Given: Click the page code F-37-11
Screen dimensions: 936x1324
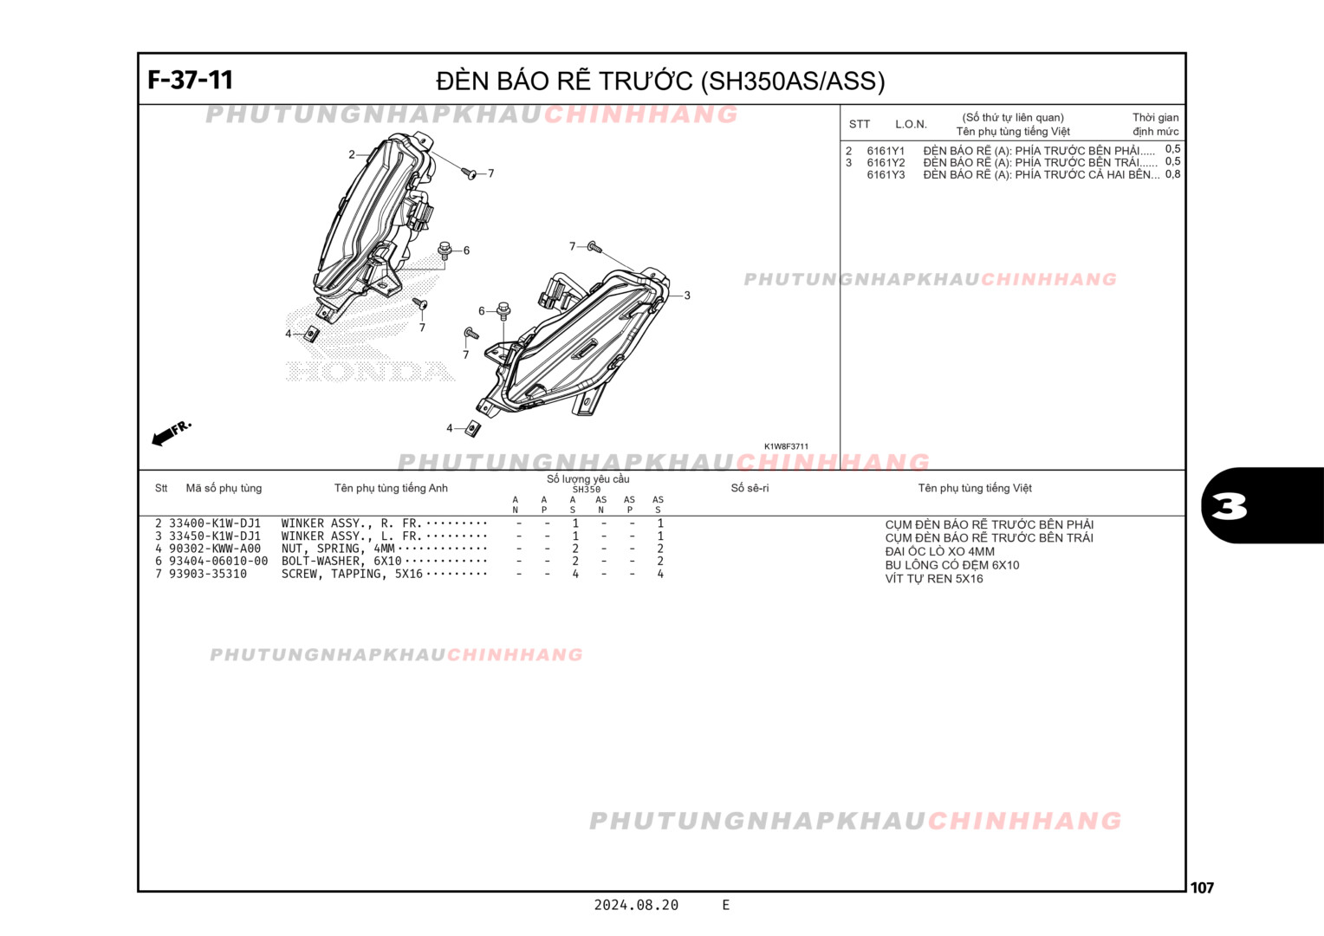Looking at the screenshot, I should [x=190, y=80].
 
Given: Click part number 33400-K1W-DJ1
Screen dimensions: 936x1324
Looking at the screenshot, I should [x=214, y=523].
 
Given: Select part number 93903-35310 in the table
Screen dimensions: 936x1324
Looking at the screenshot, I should [x=207, y=574].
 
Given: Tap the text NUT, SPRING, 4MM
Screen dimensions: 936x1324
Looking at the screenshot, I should [x=337, y=549].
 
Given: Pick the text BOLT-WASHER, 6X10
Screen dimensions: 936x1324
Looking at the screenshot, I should [x=341, y=561].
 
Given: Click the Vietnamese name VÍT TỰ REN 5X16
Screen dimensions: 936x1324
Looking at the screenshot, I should [x=933, y=579].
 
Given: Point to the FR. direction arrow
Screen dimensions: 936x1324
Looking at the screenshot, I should [x=171, y=433].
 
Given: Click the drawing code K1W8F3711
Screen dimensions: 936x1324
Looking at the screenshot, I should [x=786, y=447].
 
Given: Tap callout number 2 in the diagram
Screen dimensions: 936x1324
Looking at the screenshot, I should [x=351, y=155].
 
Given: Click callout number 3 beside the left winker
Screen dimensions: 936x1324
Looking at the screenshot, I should [x=687, y=296].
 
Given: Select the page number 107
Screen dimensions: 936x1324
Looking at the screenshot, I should [x=1202, y=887].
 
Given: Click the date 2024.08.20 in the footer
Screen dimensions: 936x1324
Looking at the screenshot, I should [x=636, y=905].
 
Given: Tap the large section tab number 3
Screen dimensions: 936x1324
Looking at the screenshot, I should [x=1230, y=506].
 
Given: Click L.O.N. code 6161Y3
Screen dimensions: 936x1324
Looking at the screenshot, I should [x=886, y=175].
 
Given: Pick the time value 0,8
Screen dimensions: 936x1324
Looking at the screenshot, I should [x=1172, y=174].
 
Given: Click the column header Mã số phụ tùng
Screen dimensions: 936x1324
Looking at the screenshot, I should [x=224, y=488].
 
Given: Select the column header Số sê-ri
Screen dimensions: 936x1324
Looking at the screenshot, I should [x=750, y=488].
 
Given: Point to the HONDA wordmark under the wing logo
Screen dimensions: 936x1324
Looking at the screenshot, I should [x=370, y=372].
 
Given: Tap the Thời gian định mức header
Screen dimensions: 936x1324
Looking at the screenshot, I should [x=1155, y=124].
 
